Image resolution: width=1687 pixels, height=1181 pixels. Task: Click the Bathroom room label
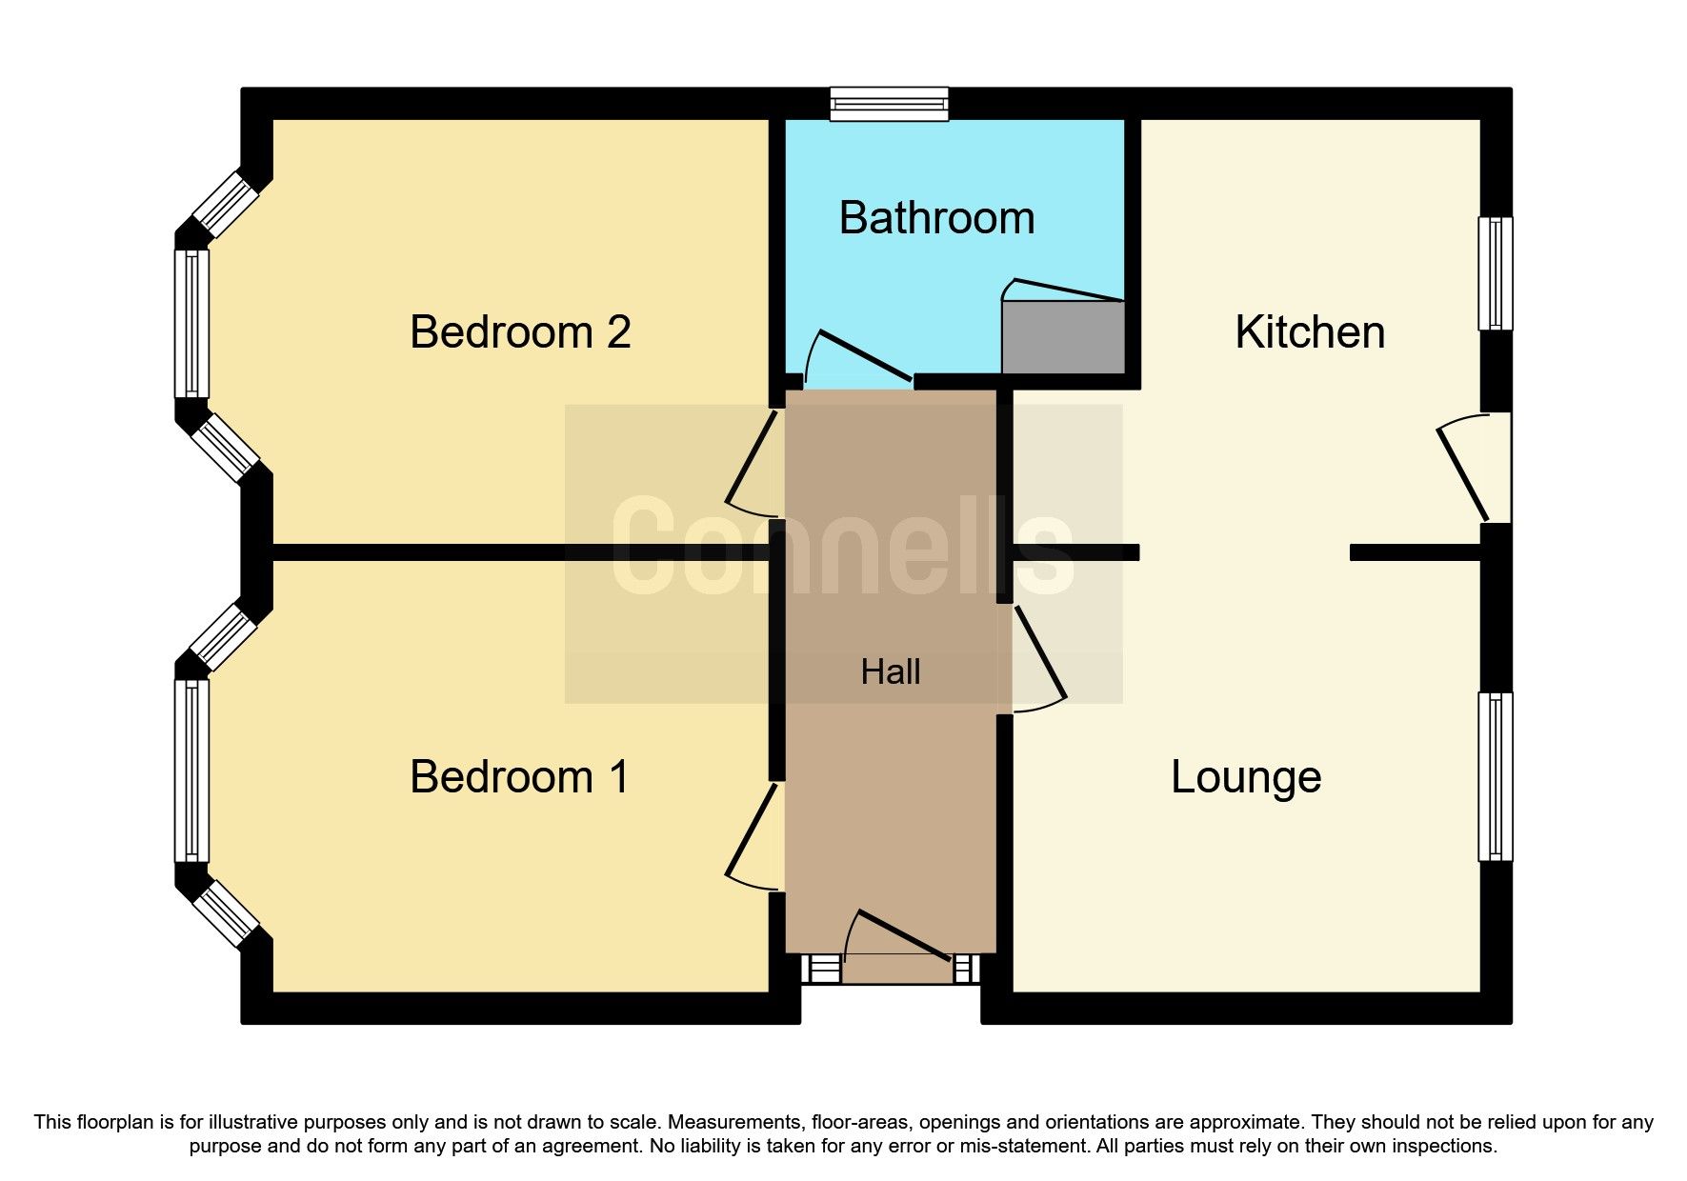pyautogui.click(x=936, y=218)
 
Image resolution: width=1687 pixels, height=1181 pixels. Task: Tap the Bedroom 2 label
pyautogui.click(x=520, y=332)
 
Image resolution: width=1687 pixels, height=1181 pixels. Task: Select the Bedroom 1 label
pyautogui.click(x=520, y=777)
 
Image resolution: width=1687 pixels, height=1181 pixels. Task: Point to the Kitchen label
pyautogui.click(x=1310, y=332)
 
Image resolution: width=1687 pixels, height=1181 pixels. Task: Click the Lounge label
pyautogui.click(x=1246, y=777)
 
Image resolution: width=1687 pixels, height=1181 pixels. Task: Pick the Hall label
pyautogui.click(x=891, y=672)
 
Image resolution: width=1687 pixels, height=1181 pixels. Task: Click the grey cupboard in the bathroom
pyautogui.click(x=1063, y=337)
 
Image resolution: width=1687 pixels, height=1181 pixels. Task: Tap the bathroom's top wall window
pyautogui.click(x=889, y=104)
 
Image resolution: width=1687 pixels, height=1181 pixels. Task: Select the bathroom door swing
pyautogui.click(x=857, y=357)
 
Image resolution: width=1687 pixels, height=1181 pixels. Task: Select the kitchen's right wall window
pyautogui.click(x=1495, y=274)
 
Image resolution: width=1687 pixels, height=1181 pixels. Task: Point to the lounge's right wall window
pyautogui.click(x=1495, y=777)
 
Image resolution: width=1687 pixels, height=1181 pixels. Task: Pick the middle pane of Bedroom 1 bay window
pyautogui.click(x=191, y=771)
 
